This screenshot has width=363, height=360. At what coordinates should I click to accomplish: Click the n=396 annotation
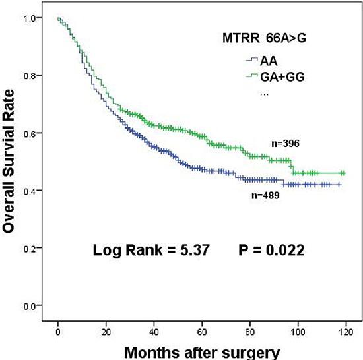click(286, 142)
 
